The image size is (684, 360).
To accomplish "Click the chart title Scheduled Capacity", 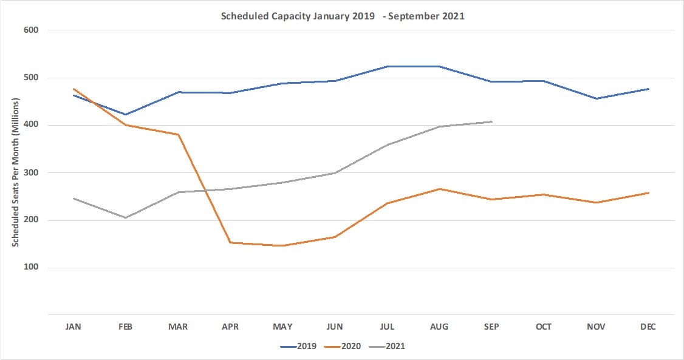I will (342, 16).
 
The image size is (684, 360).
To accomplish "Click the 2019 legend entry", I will (301, 346).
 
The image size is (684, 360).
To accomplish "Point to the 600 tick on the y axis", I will (32, 30).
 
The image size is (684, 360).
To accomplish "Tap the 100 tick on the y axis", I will (32, 268).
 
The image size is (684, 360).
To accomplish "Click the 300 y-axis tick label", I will (32, 172).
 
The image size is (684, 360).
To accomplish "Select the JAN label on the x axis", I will (74, 327).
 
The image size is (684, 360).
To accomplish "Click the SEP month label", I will (491, 327).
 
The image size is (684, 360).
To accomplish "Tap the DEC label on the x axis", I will (648, 327).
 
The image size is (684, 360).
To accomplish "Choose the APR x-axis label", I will (230, 327).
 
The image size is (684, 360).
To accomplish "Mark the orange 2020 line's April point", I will (230, 243).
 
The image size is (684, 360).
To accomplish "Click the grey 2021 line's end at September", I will (491, 121).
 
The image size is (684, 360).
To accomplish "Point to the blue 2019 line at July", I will (387, 66).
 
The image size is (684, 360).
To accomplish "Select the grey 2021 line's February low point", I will (126, 217).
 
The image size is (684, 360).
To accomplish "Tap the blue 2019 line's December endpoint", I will (648, 89).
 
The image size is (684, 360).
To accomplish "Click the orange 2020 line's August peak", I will (439, 189).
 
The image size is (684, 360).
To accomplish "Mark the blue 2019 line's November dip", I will (596, 98).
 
